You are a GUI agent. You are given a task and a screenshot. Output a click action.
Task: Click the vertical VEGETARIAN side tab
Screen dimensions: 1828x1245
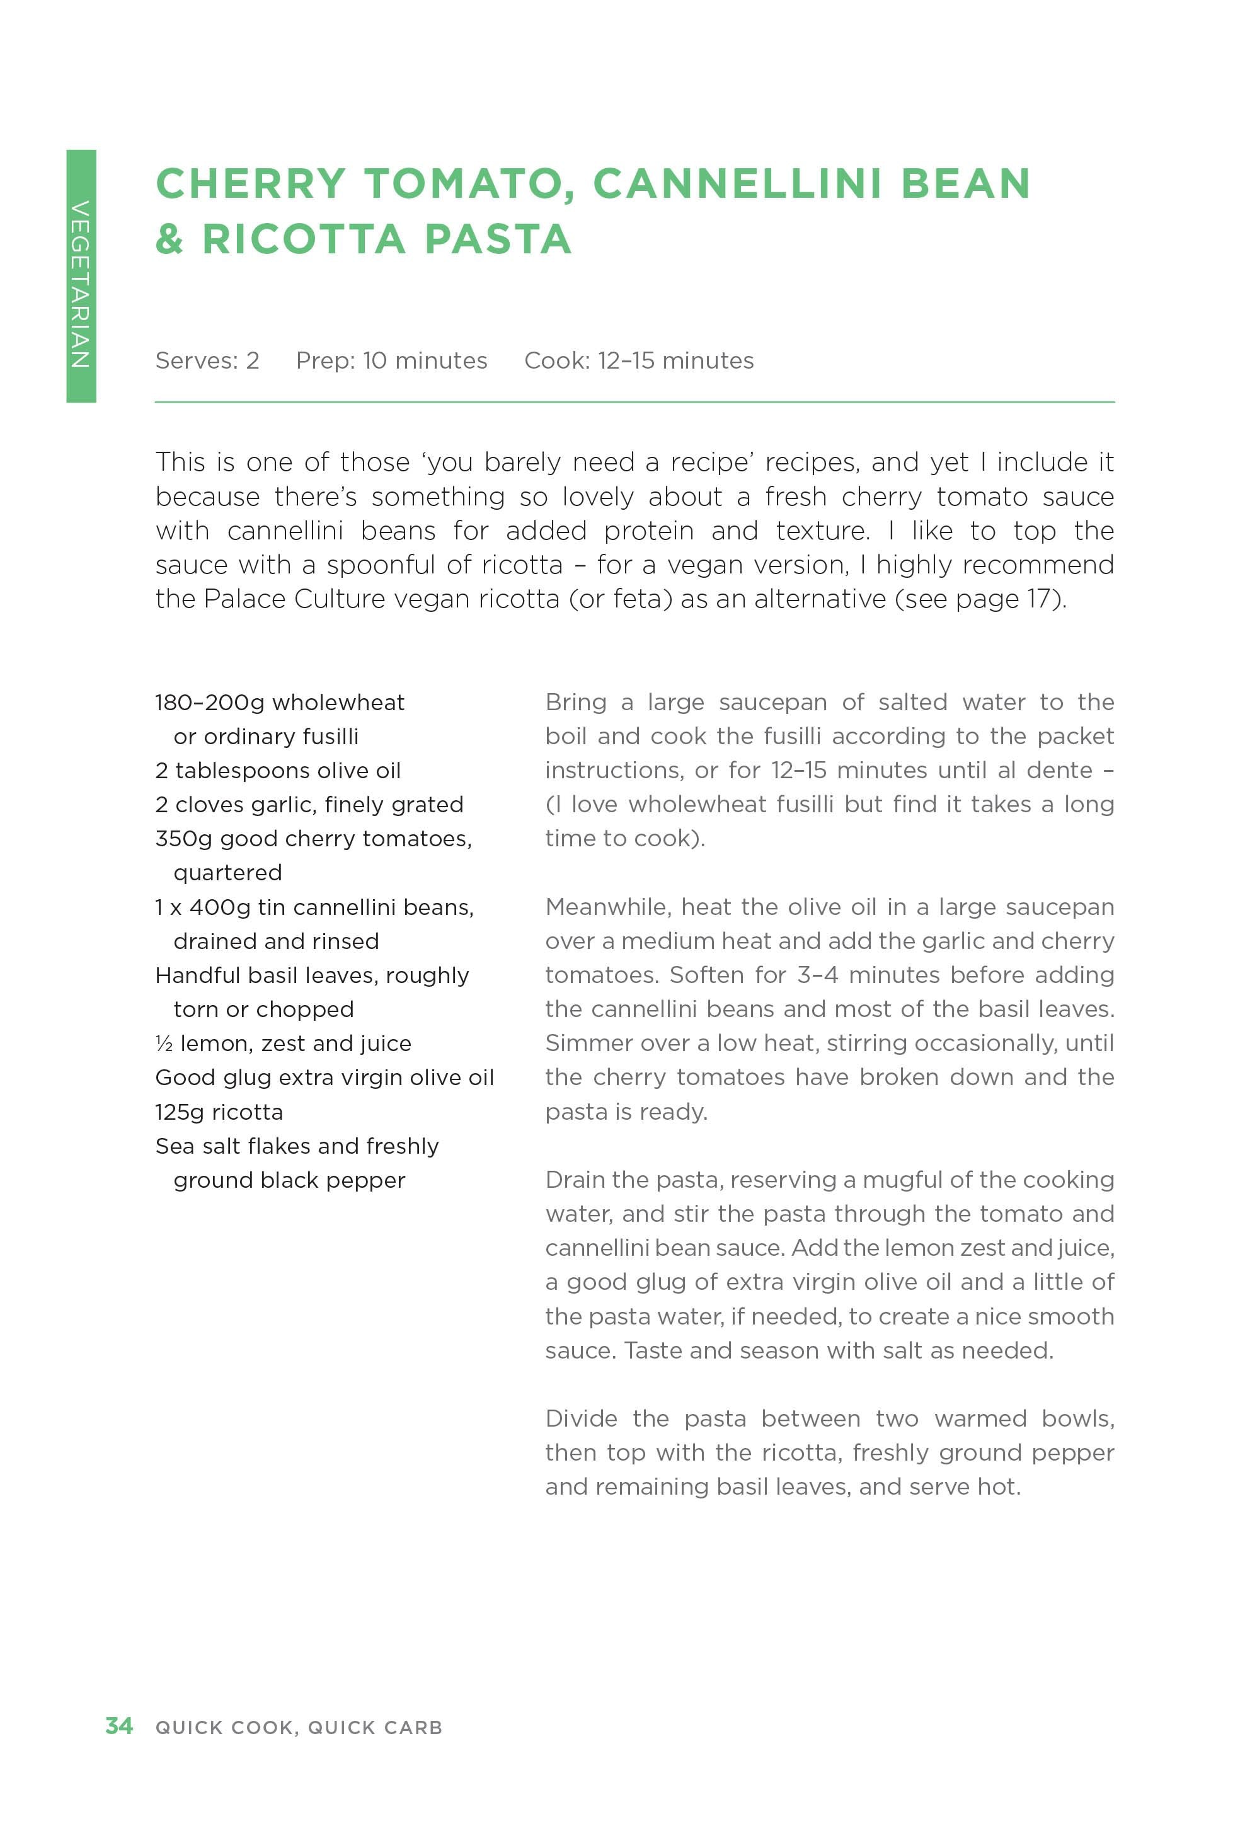tap(81, 276)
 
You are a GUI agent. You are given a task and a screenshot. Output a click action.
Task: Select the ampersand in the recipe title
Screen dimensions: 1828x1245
tap(169, 238)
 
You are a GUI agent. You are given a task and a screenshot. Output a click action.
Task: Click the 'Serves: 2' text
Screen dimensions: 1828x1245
tap(207, 360)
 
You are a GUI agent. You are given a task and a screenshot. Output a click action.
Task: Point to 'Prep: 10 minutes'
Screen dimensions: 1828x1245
tap(391, 360)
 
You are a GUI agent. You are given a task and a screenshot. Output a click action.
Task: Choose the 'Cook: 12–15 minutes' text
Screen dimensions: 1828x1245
tap(639, 360)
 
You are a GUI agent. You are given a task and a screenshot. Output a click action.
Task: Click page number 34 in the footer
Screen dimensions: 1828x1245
tap(118, 1726)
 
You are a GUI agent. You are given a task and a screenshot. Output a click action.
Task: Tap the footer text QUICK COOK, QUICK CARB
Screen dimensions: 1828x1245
tap(299, 1727)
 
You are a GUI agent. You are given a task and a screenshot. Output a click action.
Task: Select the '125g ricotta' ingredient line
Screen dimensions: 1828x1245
tap(219, 1112)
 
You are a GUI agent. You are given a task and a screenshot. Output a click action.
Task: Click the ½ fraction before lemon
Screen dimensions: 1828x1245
tap(164, 1043)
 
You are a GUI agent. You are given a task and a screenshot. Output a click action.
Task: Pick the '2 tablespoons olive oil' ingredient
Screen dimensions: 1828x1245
tap(278, 770)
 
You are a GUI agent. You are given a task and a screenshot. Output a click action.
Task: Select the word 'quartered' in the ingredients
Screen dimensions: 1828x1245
tap(227, 873)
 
